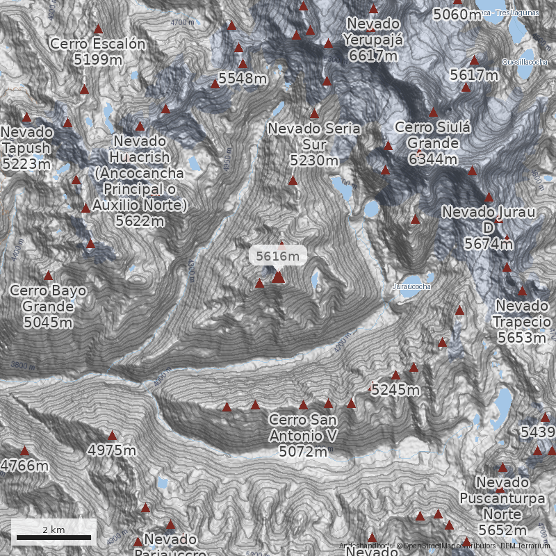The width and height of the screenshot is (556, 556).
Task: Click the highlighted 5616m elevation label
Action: point(278,256)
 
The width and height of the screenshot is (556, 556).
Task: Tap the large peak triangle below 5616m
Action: point(278,277)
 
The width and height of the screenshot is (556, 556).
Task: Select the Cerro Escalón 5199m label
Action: point(98,51)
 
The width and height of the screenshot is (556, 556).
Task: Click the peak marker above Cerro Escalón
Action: point(98,29)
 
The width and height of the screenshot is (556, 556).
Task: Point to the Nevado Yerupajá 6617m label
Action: point(375,39)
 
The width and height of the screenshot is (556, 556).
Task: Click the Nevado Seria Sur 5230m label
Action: point(314,144)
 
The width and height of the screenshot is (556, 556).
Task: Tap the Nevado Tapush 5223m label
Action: point(26,147)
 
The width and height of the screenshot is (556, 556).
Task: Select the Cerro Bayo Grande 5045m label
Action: point(48,306)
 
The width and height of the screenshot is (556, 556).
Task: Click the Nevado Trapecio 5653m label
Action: point(521,321)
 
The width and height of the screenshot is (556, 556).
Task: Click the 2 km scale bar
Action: point(54,536)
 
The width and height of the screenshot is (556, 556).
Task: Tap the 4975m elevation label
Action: point(112,450)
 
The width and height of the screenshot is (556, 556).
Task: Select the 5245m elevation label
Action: point(395,391)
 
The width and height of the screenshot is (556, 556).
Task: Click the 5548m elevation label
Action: point(243,79)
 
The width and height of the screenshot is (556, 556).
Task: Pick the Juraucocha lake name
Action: point(411,286)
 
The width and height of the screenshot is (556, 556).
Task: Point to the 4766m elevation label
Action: point(25,466)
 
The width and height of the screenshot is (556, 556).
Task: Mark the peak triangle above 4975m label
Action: point(112,436)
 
